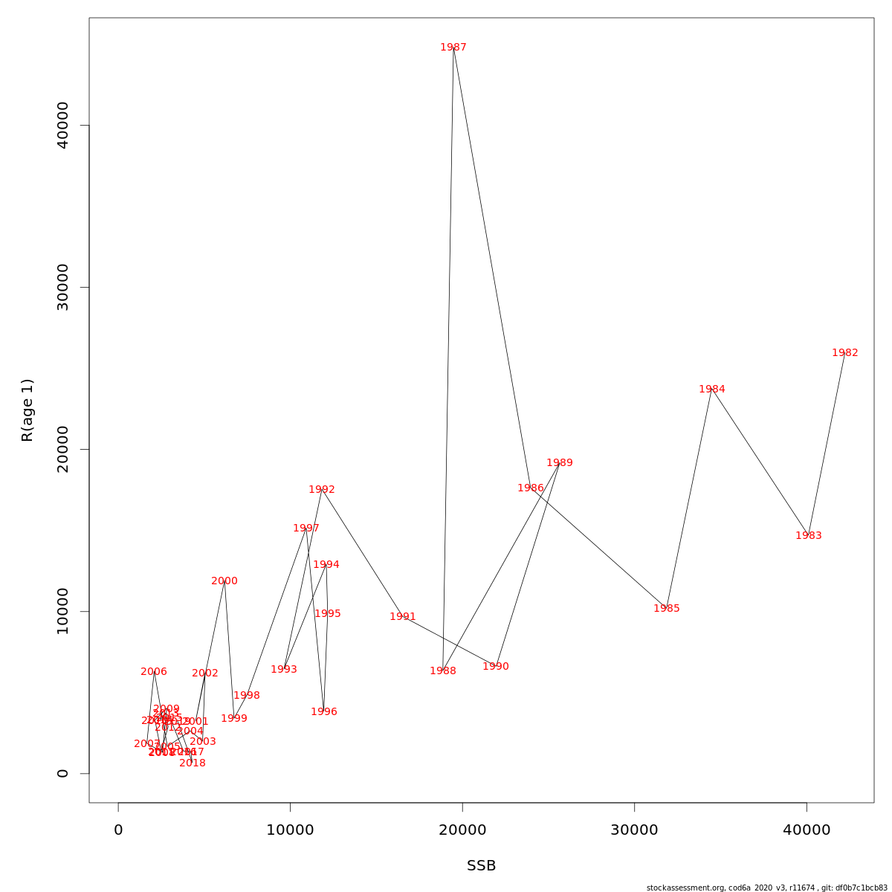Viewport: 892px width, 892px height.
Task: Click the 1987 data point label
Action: pyautogui.click(x=453, y=48)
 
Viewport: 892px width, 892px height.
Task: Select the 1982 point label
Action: pyautogui.click(x=845, y=353)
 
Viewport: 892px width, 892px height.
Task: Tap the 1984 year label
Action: pyautogui.click(x=712, y=390)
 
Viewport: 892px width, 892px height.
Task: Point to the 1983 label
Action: pyautogui.click(x=809, y=536)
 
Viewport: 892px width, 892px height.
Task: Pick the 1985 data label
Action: pyautogui.click(x=667, y=609)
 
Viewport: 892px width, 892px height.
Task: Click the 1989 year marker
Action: pyautogui.click(x=560, y=463)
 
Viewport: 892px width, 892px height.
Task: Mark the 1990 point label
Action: pyautogui.click(x=496, y=667)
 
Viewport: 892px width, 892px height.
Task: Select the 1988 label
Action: pyautogui.click(x=443, y=671)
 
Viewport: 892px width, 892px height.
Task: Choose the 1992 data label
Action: pyautogui.click(x=322, y=490)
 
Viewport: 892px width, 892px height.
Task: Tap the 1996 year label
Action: pyautogui.click(x=324, y=712)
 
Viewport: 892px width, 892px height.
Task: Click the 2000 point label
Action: pyautogui.click(x=224, y=581)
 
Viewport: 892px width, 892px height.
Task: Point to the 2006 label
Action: pyautogui.click(x=154, y=672)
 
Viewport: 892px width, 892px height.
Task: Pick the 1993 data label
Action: pyautogui.click(x=284, y=670)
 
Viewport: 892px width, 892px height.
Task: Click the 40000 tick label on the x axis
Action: pyautogui.click(x=807, y=830)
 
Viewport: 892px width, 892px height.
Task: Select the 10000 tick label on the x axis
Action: pyautogui.click(x=290, y=830)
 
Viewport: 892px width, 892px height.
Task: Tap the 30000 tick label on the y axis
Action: pyautogui.click(x=63, y=288)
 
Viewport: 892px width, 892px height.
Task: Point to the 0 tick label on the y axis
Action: pyautogui.click(x=63, y=773)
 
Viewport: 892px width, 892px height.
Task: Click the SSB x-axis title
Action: pyautogui.click(x=482, y=866)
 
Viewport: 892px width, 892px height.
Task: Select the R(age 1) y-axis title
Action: pyautogui.click(x=28, y=410)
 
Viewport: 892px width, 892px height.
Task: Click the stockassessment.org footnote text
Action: pyautogui.click(x=766, y=888)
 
